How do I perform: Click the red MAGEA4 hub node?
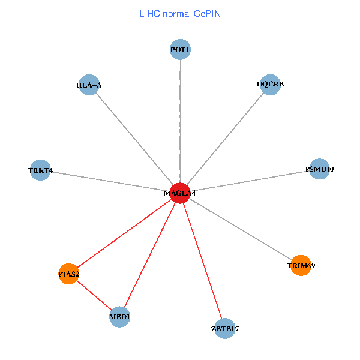click(x=180, y=193)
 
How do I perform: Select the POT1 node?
click(x=180, y=50)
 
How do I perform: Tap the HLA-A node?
click(x=89, y=85)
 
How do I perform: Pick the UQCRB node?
click(x=271, y=84)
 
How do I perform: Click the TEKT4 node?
click(x=40, y=170)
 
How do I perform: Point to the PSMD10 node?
click(x=320, y=169)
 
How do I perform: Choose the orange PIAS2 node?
click(x=69, y=274)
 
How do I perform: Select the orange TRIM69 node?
click(x=301, y=265)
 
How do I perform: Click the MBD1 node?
click(x=120, y=316)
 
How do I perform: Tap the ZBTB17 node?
click(x=224, y=328)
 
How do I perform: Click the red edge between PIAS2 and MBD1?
click(x=94, y=295)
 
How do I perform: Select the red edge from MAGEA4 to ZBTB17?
click(x=202, y=261)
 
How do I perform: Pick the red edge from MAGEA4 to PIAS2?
click(x=125, y=233)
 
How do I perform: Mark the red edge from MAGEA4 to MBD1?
click(x=150, y=255)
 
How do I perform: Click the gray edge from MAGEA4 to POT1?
click(x=180, y=120)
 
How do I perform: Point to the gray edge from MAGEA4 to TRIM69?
click(x=240, y=229)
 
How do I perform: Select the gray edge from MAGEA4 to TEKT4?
click(x=110, y=182)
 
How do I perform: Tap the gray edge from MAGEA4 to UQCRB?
click(x=226, y=139)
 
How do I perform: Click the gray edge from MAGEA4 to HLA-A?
click(x=134, y=139)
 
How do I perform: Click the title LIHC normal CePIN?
click(x=180, y=13)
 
